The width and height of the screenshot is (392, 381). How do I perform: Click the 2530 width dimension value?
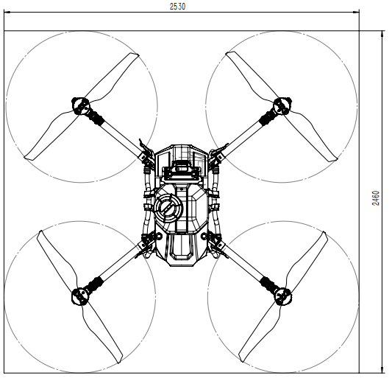coord(177,6)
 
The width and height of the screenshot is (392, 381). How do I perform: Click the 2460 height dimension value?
coord(376,198)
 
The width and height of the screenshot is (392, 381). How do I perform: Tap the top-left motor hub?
coord(81,106)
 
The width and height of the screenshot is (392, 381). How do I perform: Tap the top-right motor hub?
coord(282,106)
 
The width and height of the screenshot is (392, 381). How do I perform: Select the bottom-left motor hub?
coord(80,297)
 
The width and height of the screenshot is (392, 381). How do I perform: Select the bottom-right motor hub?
coord(283,297)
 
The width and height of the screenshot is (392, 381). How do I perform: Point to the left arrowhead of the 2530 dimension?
coord(7,12)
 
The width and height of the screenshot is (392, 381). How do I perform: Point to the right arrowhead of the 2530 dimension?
coord(356,12)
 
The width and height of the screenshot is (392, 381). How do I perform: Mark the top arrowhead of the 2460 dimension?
coord(382,34)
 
